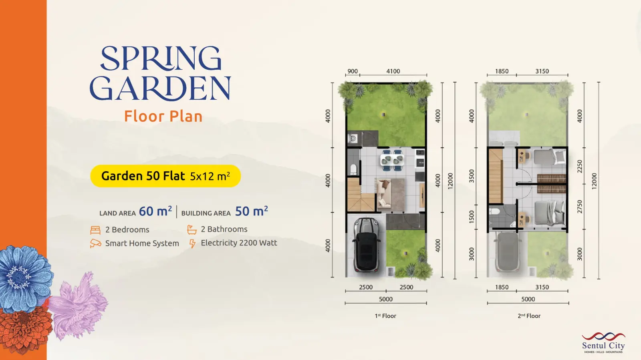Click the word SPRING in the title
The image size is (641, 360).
coord(161,58)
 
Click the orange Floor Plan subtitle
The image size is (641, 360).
coord(163,117)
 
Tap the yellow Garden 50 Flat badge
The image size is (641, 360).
coord(165,176)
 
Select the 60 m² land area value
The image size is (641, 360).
coord(155,211)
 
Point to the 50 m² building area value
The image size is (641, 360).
coord(252,211)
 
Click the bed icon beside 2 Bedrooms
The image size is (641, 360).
coord(95,230)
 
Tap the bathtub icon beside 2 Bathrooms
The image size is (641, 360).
coord(192,229)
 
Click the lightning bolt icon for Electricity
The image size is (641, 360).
coord(192,243)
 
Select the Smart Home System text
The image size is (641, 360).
coord(142,243)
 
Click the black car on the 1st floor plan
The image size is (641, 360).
coord(366,245)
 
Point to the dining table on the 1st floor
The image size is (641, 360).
coord(392,160)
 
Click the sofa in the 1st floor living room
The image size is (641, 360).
coord(383,193)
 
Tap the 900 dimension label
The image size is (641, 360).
coord(353,71)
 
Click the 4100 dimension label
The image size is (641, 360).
coord(393,71)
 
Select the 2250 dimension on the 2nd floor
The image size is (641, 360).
coord(580,167)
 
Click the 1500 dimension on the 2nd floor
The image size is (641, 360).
coord(472,217)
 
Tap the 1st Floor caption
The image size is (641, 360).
coord(385,316)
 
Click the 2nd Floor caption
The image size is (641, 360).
coord(529,316)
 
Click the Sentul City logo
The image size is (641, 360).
coord(603,343)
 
